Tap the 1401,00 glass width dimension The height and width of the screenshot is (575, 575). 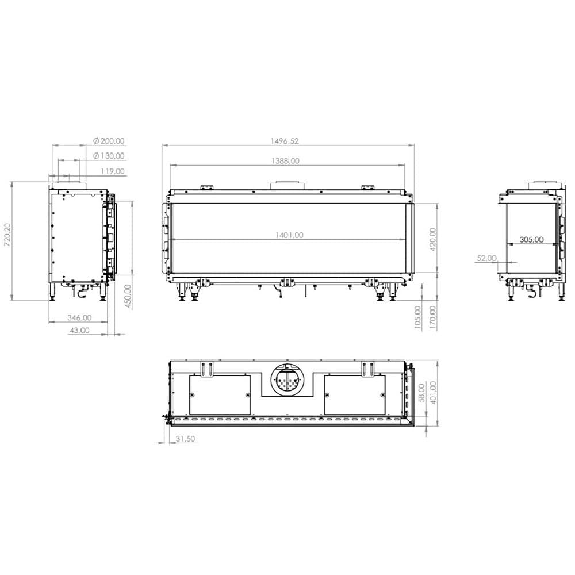[x=289, y=235]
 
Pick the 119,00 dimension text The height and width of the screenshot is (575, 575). [x=112, y=171]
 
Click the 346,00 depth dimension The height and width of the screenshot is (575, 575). [x=79, y=317]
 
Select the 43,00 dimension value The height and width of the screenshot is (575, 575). [x=79, y=330]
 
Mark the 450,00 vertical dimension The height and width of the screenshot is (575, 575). [x=128, y=297]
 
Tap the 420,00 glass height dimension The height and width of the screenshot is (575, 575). [x=432, y=237]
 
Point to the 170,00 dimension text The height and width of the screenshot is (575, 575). [x=432, y=317]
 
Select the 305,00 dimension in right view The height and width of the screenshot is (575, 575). [x=531, y=240]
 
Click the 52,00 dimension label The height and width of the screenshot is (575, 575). [x=486, y=258]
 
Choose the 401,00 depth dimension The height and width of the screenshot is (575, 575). [x=432, y=393]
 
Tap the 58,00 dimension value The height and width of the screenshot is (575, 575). [x=422, y=393]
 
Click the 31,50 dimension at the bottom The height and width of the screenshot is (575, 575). [x=186, y=438]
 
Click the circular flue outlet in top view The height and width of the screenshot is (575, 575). [x=287, y=380]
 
